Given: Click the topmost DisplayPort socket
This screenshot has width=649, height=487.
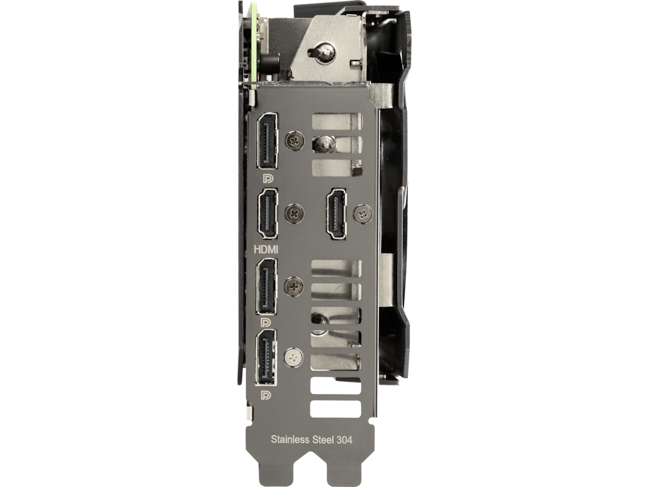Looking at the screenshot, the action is click(267, 141).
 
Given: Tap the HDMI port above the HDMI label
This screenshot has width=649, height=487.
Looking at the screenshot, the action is click(268, 214).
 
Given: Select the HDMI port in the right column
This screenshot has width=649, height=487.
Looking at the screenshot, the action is click(336, 214).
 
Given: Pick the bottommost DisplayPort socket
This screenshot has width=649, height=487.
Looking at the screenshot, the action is click(266, 358).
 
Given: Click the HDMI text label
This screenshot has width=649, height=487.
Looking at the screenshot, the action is click(266, 249).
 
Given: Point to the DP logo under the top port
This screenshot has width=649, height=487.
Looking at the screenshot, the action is click(268, 179).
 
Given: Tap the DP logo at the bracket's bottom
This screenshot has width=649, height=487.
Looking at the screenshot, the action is click(266, 396).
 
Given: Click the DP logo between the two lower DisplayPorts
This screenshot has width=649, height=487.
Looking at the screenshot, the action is click(266, 323).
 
